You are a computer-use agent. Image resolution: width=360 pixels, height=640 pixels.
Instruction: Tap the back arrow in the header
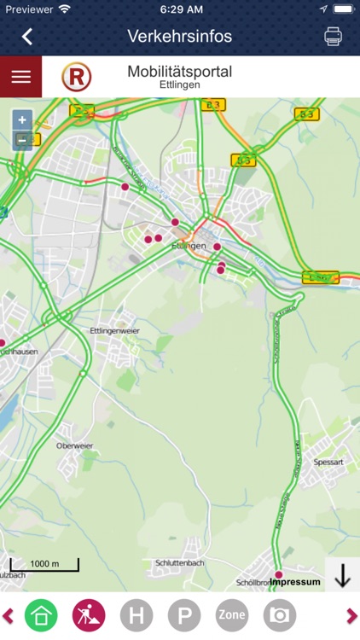pos(27,36)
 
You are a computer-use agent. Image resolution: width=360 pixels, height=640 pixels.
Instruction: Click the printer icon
pos(333,36)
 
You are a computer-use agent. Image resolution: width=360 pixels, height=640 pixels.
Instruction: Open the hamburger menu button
pos(20,77)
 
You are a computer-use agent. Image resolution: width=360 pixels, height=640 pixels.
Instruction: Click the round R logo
pos(77,78)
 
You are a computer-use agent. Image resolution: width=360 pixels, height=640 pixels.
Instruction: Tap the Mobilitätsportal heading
pos(179,72)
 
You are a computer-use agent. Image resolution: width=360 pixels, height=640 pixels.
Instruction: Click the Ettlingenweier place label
pos(114,330)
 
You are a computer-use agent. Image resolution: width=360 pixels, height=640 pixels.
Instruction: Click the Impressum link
pos(295,582)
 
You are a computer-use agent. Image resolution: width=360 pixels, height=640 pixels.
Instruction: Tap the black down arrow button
pos(342,577)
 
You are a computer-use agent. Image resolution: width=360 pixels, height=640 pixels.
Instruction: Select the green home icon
pos(41,615)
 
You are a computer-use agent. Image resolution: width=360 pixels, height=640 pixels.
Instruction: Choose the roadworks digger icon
pos(89,615)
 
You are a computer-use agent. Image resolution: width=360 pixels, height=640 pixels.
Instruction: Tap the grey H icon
pos(136,615)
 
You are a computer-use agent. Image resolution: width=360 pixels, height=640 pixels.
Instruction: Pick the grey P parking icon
pos(184,615)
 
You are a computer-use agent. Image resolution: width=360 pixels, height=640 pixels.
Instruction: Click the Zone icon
pos(232,615)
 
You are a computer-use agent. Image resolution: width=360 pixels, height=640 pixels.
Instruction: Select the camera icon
pos(279,615)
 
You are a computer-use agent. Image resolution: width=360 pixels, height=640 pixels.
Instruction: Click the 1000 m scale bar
pos(44,565)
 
